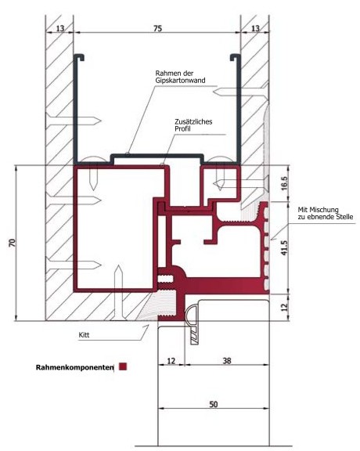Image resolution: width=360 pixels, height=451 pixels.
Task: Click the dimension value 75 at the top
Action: pos(158,28)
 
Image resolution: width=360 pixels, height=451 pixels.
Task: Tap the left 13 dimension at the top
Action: pos(60,28)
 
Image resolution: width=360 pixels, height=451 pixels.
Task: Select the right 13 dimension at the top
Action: pos(255,28)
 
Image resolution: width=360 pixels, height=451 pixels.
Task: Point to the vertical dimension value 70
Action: pos(12,243)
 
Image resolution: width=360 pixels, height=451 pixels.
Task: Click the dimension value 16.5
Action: pos(283,183)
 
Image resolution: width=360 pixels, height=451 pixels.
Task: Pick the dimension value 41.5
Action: pos(284,248)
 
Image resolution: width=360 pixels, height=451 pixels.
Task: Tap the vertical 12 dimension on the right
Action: pos(284,307)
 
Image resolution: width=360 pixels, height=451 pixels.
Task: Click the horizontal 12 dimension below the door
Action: pos(171,361)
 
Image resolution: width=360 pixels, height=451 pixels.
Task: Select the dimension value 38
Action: pos(227,361)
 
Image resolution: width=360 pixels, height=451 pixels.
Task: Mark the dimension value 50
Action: pos(214,404)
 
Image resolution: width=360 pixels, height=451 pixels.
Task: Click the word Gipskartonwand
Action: pos(180,80)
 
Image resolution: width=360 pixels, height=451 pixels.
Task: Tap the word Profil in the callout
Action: pos(182,128)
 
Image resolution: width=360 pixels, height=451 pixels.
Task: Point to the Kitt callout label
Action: pos(84,335)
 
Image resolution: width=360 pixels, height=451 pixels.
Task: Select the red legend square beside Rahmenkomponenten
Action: pos(123,366)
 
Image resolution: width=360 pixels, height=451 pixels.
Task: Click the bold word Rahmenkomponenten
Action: pos(74,367)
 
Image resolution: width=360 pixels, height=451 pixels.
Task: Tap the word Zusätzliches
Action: pos(193,121)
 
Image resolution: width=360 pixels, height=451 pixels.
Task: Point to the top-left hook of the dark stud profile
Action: pos(79,57)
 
